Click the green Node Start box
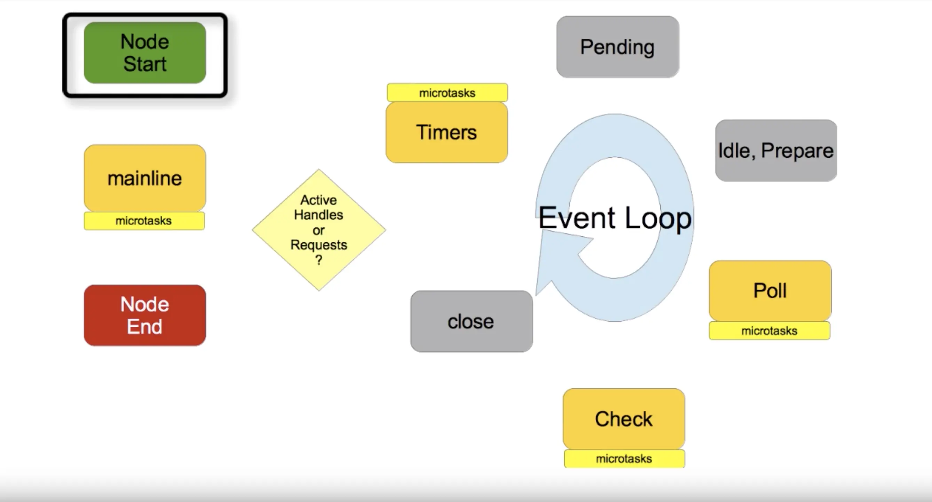(145, 53)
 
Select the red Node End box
(145, 315)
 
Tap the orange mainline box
(145, 178)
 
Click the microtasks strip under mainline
(144, 221)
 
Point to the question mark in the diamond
(319, 260)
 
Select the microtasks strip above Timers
(447, 93)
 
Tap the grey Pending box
(617, 47)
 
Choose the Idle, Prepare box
(776, 150)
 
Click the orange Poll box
(770, 291)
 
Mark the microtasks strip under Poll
(769, 331)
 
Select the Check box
(624, 419)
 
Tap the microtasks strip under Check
(624, 458)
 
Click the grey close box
(471, 321)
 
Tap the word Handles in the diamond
(319, 215)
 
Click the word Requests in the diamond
(319, 245)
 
